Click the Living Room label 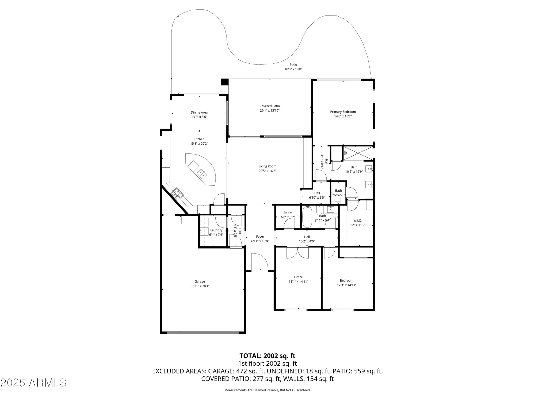[267, 166]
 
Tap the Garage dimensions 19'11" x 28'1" [200, 286]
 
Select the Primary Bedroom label [343, 112]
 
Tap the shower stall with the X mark [357, 153]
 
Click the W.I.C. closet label [357, 221]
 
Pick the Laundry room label [216, 230]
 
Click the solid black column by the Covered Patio [224, 82]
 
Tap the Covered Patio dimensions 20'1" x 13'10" [270, 110]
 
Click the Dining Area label [199, 113]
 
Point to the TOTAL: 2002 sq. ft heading [267, 356]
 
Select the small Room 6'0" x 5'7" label [288, 213]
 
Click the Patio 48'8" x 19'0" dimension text [293, 69]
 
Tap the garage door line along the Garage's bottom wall [202, 332]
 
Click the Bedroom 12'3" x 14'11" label [347, 280]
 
